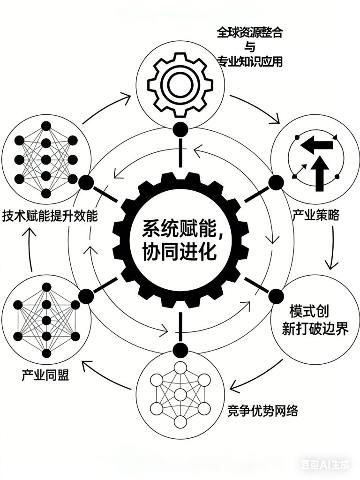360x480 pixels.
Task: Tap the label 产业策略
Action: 315,215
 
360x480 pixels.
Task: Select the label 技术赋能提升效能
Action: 50,216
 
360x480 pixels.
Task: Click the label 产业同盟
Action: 45,375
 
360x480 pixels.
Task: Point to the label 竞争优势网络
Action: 262,411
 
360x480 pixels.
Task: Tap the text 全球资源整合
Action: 250,32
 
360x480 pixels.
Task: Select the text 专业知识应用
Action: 250,61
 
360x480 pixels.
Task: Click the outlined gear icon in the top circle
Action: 180,85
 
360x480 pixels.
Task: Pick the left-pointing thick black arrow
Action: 316,145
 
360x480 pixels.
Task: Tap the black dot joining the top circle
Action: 180,129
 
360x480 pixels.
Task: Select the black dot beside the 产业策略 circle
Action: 276,182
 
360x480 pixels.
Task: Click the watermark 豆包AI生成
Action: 325,465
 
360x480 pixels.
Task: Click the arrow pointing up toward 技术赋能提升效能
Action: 30,249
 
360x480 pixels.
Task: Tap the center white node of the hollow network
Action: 180,394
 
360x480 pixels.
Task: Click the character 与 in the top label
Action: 250,47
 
